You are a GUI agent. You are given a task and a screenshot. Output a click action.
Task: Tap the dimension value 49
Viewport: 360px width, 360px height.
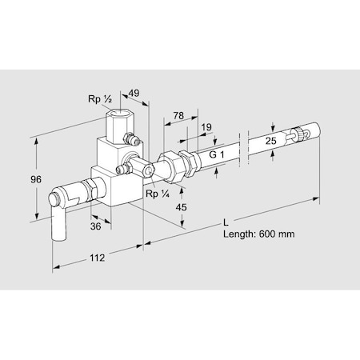(134, 94)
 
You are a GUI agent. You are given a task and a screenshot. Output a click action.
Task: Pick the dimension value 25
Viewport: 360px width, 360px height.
(270, 141)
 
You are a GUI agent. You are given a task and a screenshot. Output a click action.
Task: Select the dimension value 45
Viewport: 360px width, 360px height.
(181, 208)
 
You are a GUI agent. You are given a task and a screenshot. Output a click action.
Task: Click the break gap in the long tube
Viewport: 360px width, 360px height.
(245, 151)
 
